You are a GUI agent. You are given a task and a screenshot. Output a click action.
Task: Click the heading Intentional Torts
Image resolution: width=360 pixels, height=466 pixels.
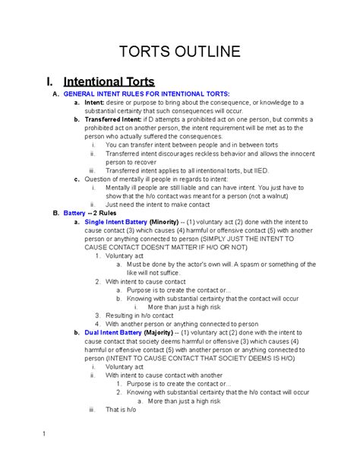click(109, 81)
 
